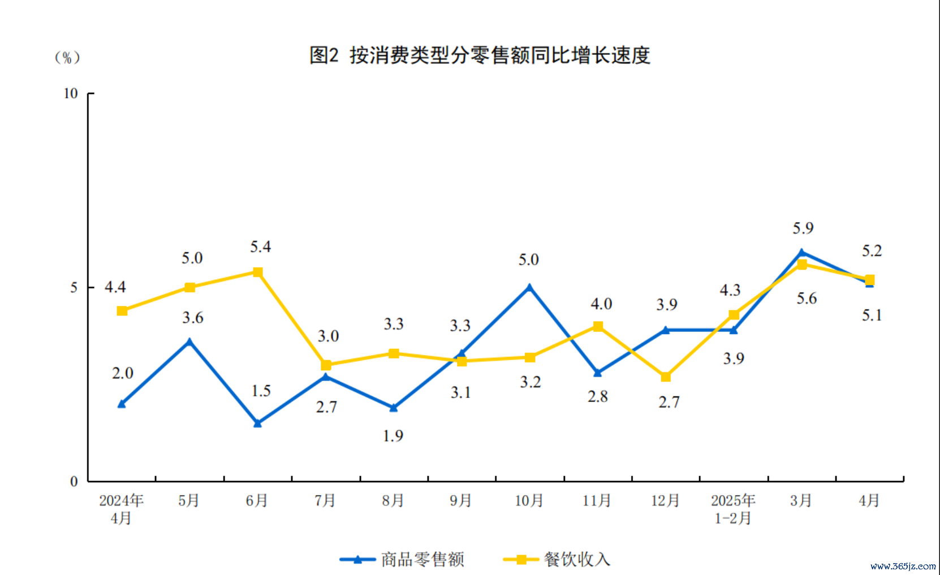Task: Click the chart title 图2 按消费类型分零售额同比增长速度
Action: click(480, 55)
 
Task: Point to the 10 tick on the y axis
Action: click(70, 93)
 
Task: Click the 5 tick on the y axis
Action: click(74, 287)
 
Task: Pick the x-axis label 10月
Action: click(529, 500)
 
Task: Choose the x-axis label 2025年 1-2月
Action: click(733, 509)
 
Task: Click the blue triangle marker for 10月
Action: click(529, 287)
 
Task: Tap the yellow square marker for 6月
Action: click(258, 272)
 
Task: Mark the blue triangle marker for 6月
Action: click(258, 423)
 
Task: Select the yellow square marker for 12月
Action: click(666, 377)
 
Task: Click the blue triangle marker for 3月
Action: click(801, 252)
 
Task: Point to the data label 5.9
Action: click(803, 228)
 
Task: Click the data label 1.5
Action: click(261, 391)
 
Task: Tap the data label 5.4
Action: click(260, 247)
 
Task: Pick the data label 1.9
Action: click(393, 436)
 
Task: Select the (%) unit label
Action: click(67, 57)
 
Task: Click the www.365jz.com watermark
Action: click(903, 566)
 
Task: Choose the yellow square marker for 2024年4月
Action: click(122, 311)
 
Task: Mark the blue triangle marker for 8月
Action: click(394, 408)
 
